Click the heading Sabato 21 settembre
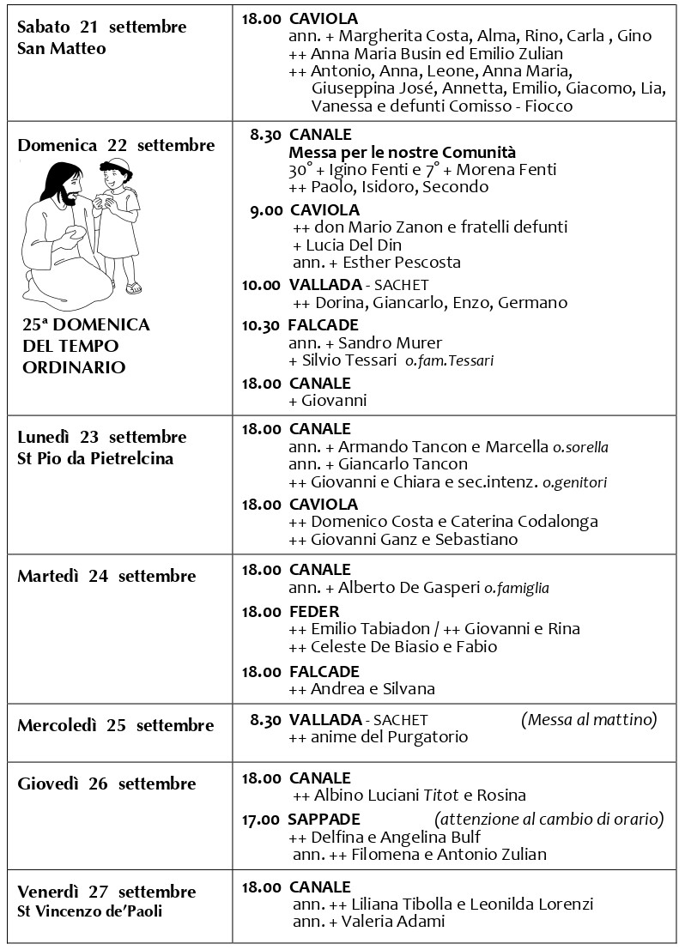pos(101,27)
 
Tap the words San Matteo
pos(62,49)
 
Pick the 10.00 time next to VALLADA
pos(260,285)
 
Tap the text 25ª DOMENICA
pos(87,325)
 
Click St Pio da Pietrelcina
pos(95,458)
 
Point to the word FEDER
pos(314,612)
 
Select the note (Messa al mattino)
pos(589,719)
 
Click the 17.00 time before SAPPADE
pos(260,820)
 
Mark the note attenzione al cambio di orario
pos(549,819)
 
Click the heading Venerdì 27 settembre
pos(106,892)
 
